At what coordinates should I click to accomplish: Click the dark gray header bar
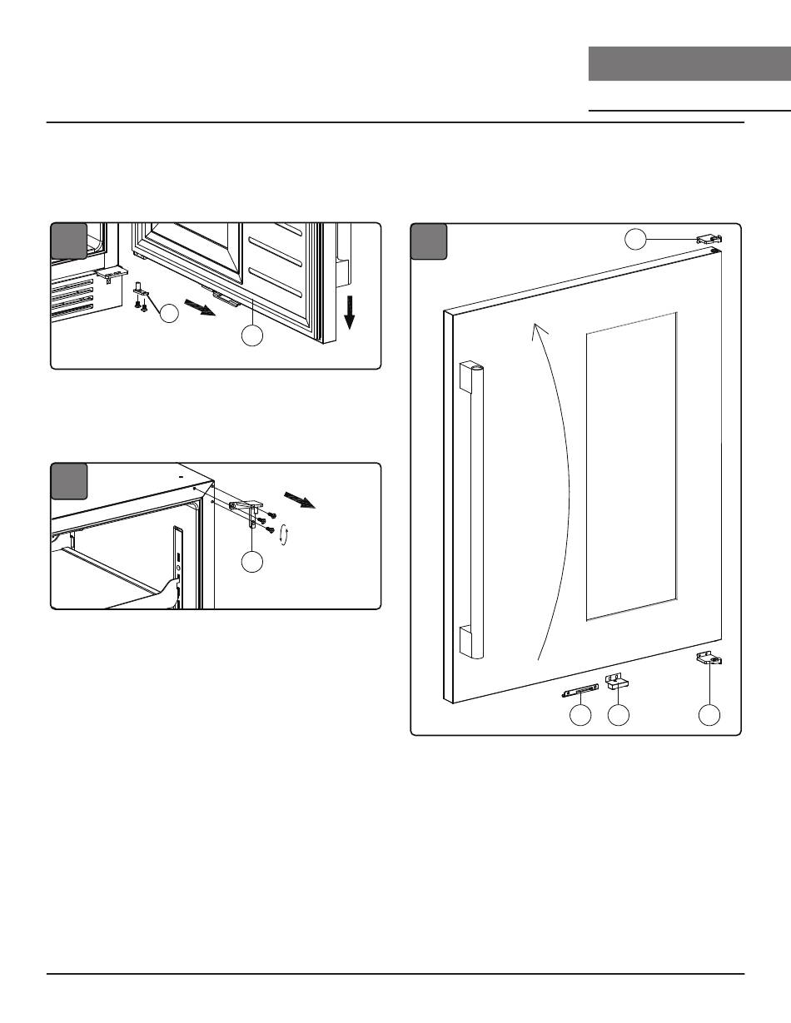coord(689,64)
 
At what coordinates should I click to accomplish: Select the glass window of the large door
coord(630,466)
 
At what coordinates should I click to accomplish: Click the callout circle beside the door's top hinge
coord(635,240)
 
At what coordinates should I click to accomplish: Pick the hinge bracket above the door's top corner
coord(708,240)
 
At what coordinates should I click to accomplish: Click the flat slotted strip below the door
coord(580,691)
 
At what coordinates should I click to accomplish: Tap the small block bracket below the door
coord(616,683)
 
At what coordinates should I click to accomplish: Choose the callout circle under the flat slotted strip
coord(580,715)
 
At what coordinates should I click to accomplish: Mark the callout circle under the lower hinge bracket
coord(709,715)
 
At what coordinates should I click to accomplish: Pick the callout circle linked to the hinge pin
coord(170,314)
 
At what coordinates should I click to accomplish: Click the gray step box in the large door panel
coord(430,241)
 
